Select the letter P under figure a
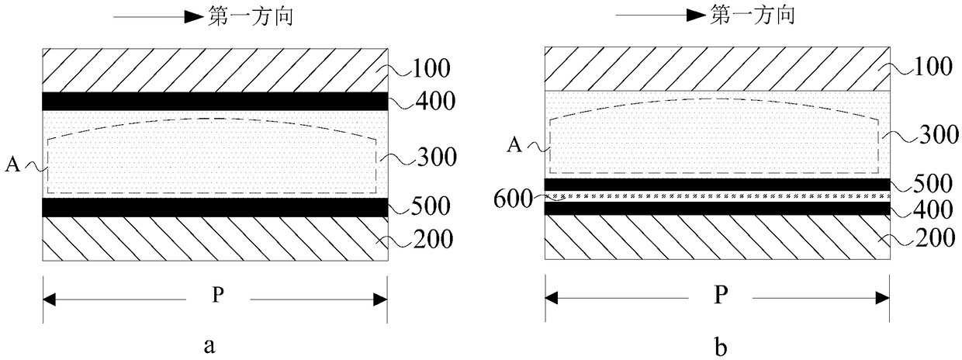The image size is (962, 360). tap(215, 297)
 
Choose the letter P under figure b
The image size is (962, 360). tap(718, 297)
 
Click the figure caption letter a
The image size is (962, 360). tap(209, 347)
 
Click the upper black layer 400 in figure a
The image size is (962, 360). tap(215, 101)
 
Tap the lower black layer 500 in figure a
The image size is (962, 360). tap(215, 207)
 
